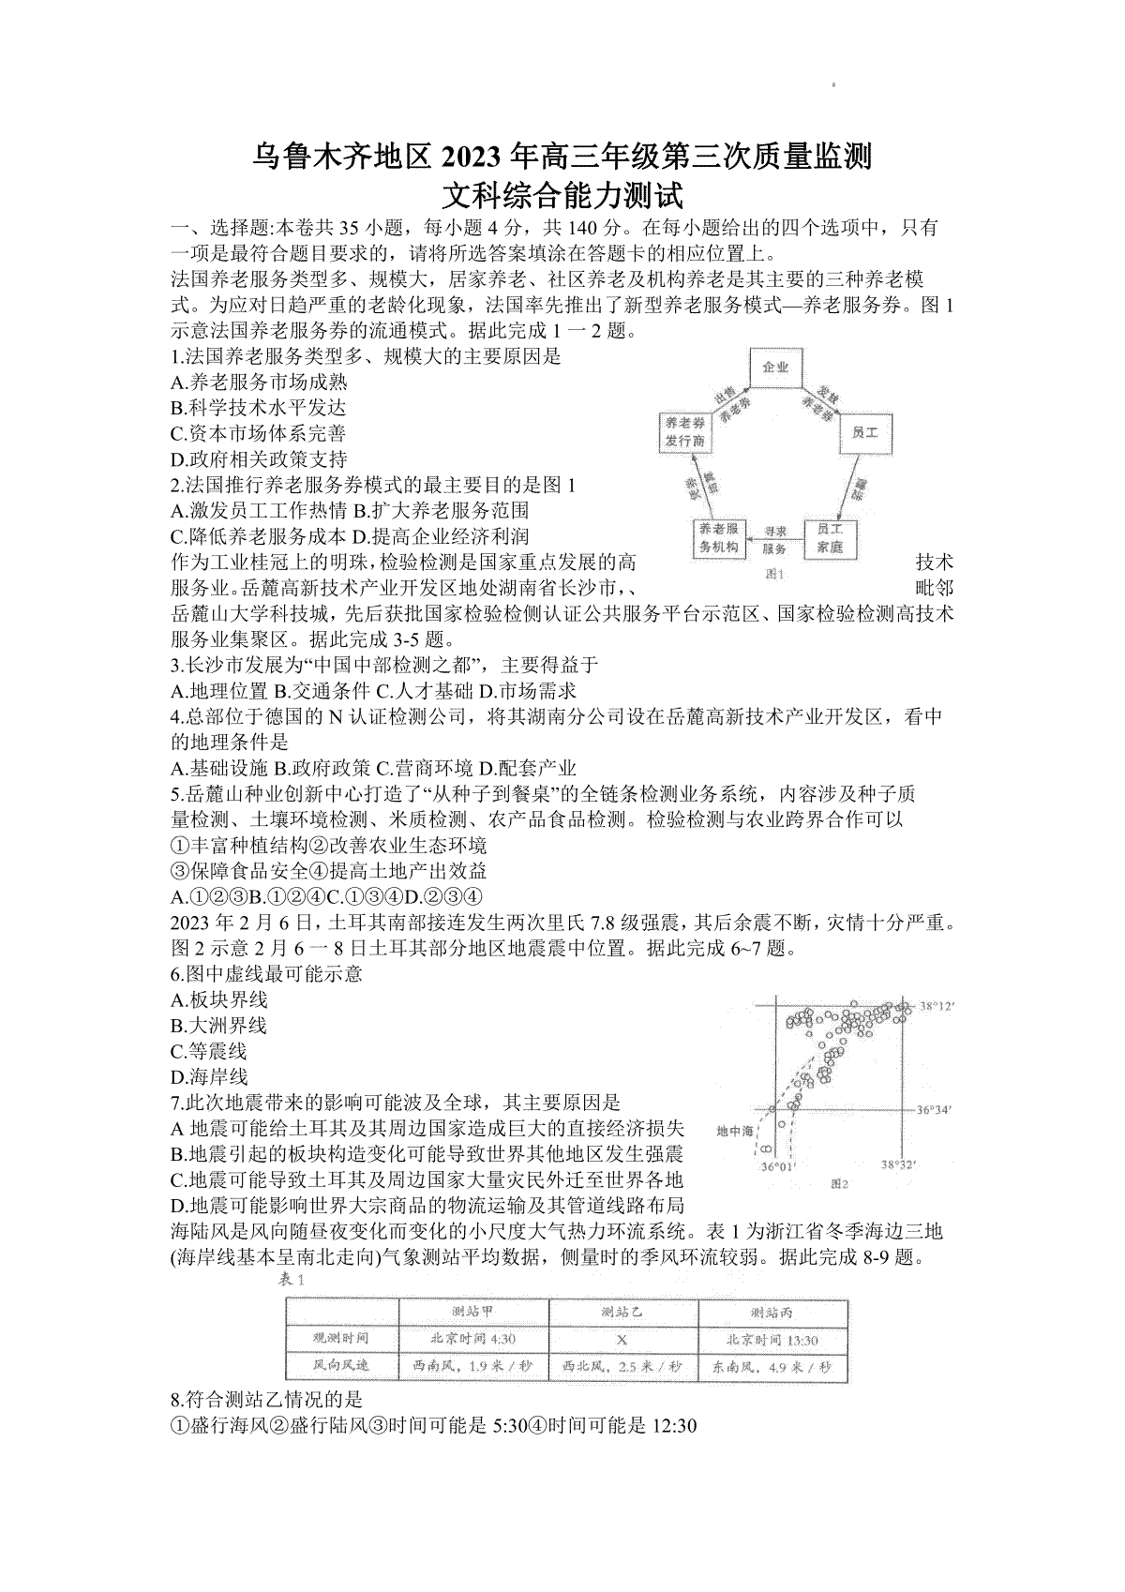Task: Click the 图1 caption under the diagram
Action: [x=774, y=574]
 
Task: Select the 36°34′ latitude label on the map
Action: [x=934, y=1110]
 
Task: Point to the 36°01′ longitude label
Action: [x=777, y=1167]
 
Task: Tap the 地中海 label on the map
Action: [x=735, y=1132]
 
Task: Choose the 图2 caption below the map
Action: [x=838, y=1184]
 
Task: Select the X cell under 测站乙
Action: [x=622, y=1340]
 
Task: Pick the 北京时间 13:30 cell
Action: [x=772, y=1340]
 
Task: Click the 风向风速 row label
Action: [x=341, y=1366]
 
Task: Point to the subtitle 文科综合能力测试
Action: [x=562, y=196]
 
